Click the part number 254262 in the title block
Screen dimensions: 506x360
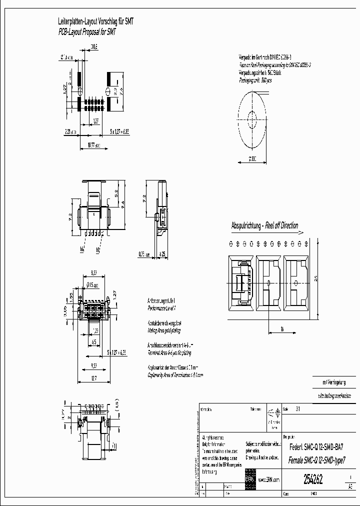[x=313, y=479]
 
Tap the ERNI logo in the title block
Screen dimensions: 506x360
[x=249, y=479]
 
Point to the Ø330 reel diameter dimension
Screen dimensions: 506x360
[x=251, y=159]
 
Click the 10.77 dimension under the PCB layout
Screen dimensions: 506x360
[x=93, y=145]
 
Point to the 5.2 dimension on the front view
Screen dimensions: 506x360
[x=115, y=192]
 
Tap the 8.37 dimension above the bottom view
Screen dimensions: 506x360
[x=93, y=272]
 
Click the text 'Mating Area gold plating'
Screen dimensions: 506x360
[x=164, y=331]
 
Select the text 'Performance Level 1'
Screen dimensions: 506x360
[x=161, y=309]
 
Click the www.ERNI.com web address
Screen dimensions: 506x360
[x=268, y=479]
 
